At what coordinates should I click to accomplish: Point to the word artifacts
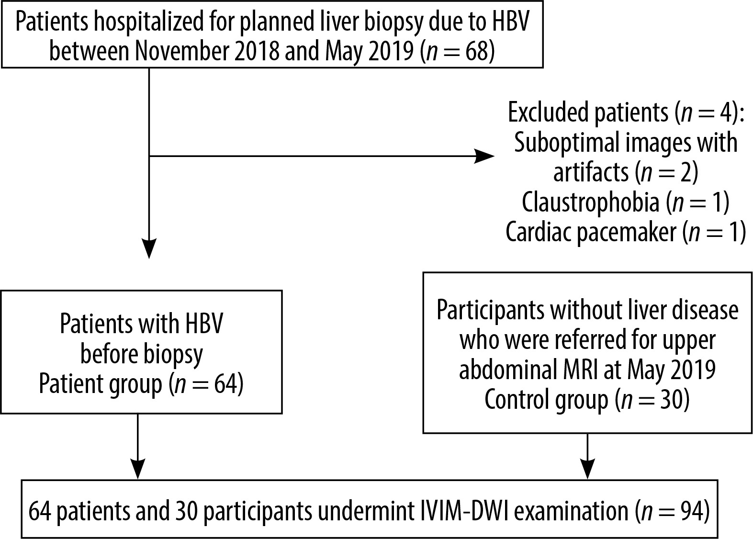click(591, 172)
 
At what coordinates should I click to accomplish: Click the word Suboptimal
click(566, 143)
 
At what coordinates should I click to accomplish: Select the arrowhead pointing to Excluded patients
click(484, 156)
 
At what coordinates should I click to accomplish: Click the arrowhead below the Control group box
click(587, 468)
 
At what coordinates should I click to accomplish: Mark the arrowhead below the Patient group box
click(137, 468)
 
